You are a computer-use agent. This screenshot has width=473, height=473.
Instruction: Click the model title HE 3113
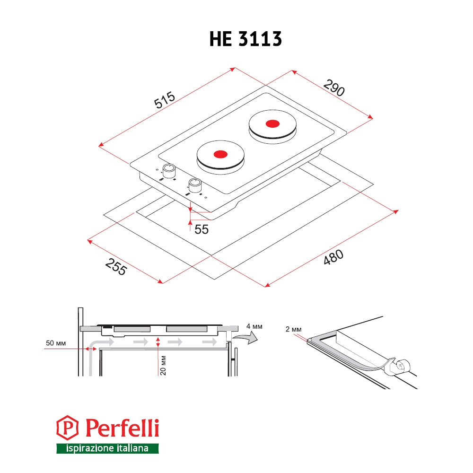[x=245, y=39]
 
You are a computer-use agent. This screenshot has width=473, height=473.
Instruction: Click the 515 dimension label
[x=165, y=100]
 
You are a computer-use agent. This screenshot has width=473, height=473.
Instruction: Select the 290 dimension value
[x=334, y=88]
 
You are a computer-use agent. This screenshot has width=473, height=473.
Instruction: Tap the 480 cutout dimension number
[x=333, y=257]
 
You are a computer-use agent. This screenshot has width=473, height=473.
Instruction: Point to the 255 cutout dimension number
[x=116, y=267]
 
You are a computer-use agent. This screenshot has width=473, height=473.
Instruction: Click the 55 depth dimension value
[x=201, y=229]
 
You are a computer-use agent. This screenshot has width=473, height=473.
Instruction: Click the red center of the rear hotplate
[x=273, y=123]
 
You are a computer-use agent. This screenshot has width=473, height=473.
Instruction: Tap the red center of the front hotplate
[x=220, y=154]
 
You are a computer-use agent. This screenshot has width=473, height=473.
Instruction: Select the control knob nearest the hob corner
[x=169, y=171]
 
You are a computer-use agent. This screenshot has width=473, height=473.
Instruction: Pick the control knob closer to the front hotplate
[x=195, y=185]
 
